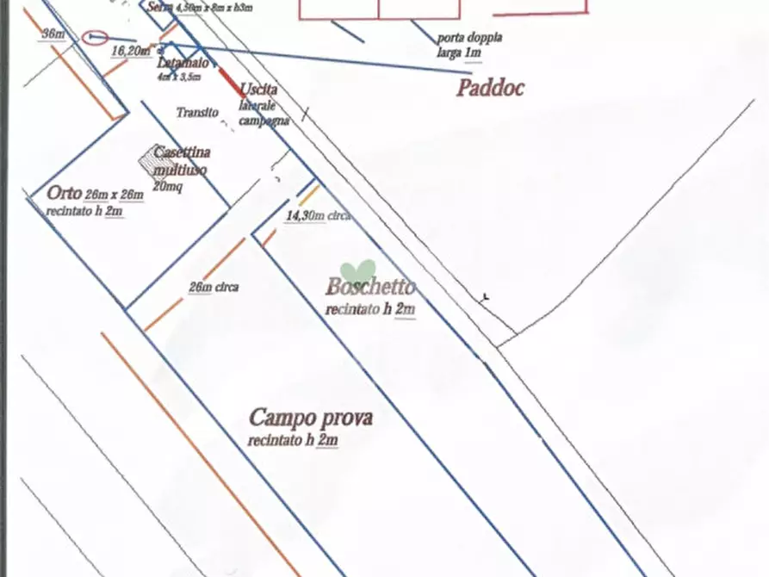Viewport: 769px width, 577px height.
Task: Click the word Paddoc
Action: [490, 88]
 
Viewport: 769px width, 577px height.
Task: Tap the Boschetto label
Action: [370, 288]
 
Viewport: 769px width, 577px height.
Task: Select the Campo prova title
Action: [311, 419]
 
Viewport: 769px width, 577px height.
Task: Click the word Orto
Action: [65, 193]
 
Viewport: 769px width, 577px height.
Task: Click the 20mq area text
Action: [167, 184]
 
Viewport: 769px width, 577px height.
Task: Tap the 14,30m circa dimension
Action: [316, 216]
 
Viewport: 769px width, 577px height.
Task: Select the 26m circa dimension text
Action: [213, 288]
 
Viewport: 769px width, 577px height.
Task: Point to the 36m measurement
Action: [53, 34]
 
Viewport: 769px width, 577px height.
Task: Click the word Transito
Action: [197, 113]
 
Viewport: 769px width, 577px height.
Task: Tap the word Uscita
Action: [258, 90]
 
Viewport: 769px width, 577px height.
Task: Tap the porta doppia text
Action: [469, 39]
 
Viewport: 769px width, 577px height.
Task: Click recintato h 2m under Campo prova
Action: [293, 441]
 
